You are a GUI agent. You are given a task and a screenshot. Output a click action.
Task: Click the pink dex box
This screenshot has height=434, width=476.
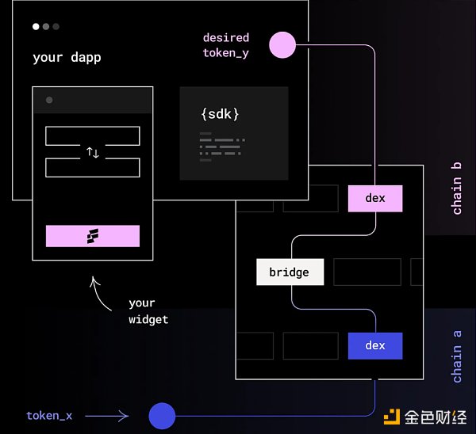[x=375, y=199]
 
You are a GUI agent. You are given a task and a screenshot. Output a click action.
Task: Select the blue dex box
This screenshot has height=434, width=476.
[x=374, y=346]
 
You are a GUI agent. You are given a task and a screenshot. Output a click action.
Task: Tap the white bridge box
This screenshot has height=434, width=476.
[x=290, y=272]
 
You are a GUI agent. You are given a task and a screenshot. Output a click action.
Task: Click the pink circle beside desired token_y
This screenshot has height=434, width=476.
[x=282, y=45]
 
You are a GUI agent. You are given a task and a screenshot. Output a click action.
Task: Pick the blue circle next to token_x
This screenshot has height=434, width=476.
[x=162, y=415]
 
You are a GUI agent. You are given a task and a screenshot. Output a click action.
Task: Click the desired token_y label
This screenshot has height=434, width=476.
[x=226, y=44]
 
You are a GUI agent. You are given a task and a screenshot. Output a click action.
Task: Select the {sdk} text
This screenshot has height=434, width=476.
[x=220, y=114]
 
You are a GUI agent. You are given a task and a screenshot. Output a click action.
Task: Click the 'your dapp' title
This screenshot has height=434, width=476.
[x=67, y=58]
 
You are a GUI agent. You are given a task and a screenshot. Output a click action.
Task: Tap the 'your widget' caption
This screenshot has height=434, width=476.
[x=148, y=311]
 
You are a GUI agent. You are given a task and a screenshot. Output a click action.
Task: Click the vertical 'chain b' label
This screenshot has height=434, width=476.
[x=457, y=196]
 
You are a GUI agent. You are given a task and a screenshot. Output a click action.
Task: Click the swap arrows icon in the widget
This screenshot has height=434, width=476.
[x=93, y=152]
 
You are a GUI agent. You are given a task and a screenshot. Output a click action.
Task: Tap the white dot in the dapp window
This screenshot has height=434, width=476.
[x=36, y=26]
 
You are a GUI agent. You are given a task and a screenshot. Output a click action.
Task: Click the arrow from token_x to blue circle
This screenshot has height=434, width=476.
[x=107, y=415]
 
